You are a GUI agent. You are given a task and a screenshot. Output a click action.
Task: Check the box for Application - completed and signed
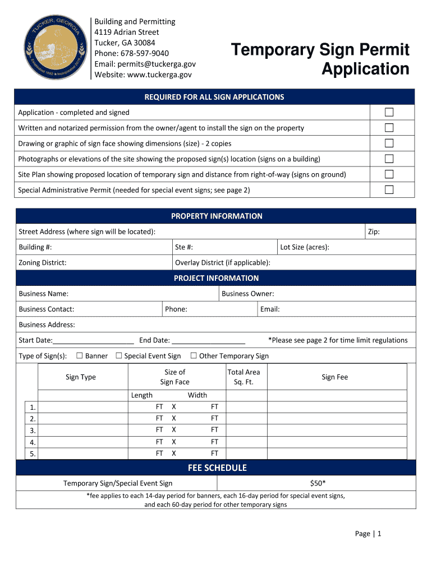pyautogui.click(x=389, y=112)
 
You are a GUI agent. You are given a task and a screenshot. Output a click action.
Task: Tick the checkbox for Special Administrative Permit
pyautogui.click(x=389, y=189)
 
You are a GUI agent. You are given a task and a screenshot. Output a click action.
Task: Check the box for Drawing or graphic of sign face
pyautogui.click(x=389, y=143)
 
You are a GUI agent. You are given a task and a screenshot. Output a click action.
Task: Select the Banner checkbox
pyautogui.click(x=80, y=355)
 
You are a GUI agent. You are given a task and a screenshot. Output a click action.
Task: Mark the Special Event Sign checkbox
pyautogui.click(x=119, y=355)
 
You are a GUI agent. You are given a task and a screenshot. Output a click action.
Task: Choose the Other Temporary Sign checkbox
pyautogui.click(x=194, y=355)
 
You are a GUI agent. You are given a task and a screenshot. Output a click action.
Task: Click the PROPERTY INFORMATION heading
pyautogui.click(x=216, y=216)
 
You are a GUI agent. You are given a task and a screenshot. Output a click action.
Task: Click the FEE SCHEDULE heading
pyautogui.click(x=216, y=468)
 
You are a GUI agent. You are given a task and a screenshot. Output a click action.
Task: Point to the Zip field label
pyautogui.click(x=374, y=232)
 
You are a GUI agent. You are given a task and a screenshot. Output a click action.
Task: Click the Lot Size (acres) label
pyautogui.click(x=305, y=247)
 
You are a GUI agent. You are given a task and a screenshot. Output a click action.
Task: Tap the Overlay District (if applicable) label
pyautogui.click(x=223, y=262)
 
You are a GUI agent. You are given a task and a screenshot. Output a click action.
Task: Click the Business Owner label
pyautogui.click(x=247, y=294)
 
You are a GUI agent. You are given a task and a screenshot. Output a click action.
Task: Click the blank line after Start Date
pyautogui.click(x=93, y=341)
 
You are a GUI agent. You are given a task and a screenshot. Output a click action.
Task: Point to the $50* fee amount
pyautogui.click(x=318, y=483)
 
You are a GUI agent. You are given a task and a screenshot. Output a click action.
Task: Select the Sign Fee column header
pyautogui.click(x=334, y=377)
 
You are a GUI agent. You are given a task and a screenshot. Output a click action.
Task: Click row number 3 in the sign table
pyautogui.click(x=33, y=430)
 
